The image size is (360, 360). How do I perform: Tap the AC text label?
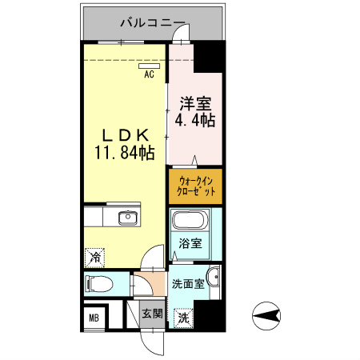click(149, 76)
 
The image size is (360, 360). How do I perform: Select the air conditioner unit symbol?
click(149, 67)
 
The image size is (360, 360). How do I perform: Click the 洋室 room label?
click(194, 104)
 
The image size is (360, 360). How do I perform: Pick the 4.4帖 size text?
click(195, 121)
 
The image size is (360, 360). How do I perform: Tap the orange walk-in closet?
click(195, 186)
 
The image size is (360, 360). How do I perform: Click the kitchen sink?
click(127, 217)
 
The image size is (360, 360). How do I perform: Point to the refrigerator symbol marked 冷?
click(94, 258)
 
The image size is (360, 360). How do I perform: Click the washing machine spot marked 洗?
click(183, 318)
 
